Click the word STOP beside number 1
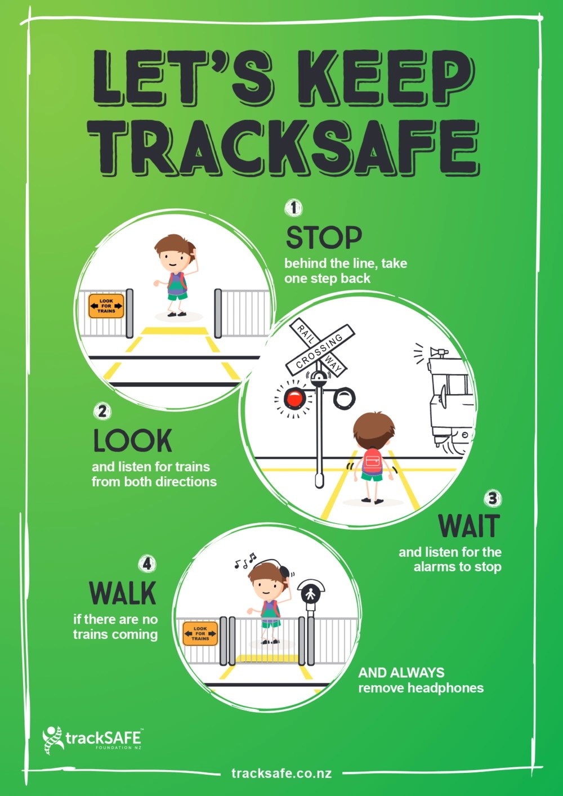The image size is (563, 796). point(324,238)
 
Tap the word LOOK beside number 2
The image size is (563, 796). point(133,441)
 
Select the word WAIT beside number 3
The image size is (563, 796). point(469,526)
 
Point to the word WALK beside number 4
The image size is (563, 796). point(123,593)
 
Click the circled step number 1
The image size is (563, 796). point(293,208)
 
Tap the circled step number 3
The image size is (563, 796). point(493,499)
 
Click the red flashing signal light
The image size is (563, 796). point(294,399)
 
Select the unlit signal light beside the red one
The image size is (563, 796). point(344,398)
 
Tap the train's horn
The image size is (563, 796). point(439,352)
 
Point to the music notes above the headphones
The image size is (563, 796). point(245,560)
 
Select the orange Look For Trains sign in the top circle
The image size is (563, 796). point(106,306)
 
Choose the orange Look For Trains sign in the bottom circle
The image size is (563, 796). point(200,634)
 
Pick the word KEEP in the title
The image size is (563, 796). point(386,78)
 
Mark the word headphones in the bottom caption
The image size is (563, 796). point(445,688)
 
